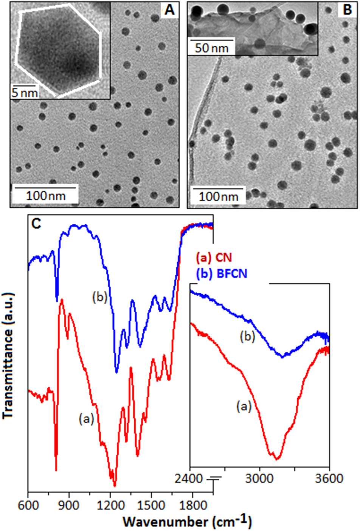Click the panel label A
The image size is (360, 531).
pyautogui.click(x=169, y=10)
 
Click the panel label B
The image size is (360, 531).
pyautogui.click(x=347, y=10)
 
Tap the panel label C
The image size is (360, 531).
pyautogui.click(x=36, y=224)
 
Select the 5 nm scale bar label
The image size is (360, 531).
pyautogui.click(x=25, y=92)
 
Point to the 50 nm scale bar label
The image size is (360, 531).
pyautogui.click(x=212, y=48)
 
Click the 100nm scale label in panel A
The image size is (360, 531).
pyautogui.click(x=46, y=196)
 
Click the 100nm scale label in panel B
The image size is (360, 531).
pyautogui.click(x=219, y=196)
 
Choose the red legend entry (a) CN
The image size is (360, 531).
pyautogui.click(x=214, y=258)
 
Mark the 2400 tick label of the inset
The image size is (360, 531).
pyautogui.click(x=189, y=478)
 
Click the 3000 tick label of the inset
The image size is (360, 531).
pyautogui.click(x=259, y=478)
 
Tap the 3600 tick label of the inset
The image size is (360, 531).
pyautogui.click(x=329, y=478)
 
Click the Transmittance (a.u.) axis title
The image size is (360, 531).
pyautogui.click(x=8, y=356)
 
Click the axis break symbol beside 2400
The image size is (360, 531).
pyautogui.click(x=214, y=480)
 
